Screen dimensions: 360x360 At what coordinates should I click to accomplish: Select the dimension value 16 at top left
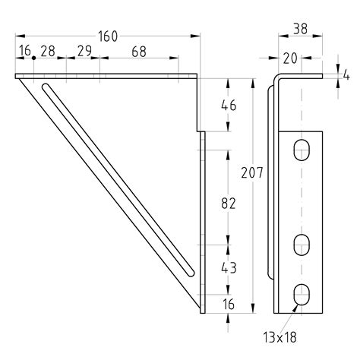tap(25, 52)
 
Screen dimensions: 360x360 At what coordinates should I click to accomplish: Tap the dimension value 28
tap(47, 52)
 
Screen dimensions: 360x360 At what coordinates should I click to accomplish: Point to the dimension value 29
tap(84, 52)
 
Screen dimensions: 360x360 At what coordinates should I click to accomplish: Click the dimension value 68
tap(138, 52)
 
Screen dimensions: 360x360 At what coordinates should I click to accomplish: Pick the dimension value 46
tap(227, 105)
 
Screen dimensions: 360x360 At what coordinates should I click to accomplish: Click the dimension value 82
tap(227, 203)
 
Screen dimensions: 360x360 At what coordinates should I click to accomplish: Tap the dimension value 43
tap(227, 267)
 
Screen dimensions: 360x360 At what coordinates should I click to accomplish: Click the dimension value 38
tap(301, 30)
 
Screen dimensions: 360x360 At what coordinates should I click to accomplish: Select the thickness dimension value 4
tap(346, 74)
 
